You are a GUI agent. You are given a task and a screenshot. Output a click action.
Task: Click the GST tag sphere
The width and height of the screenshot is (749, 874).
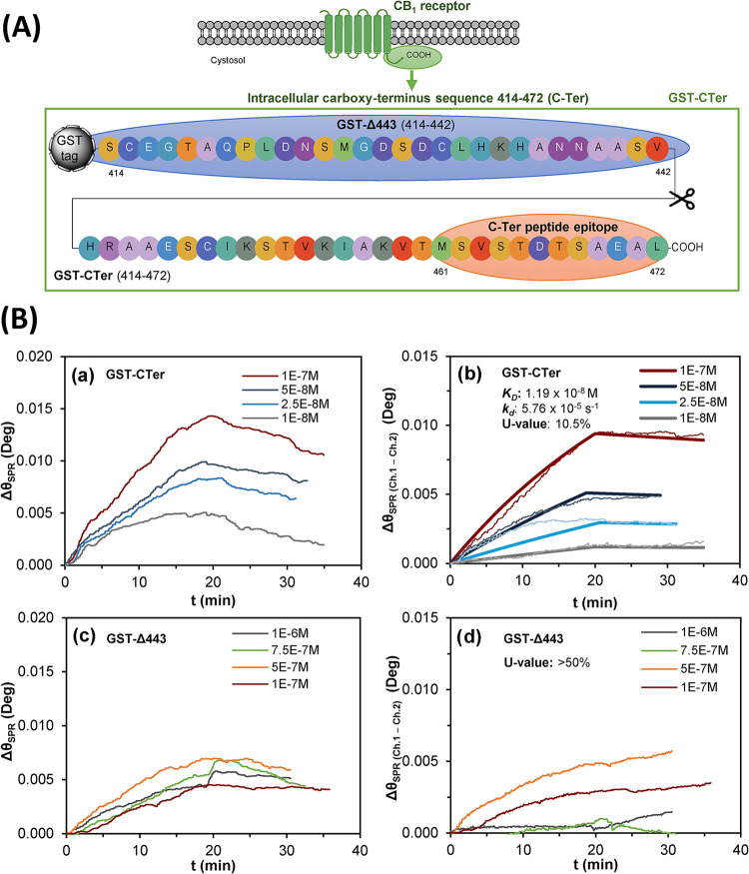click(69, 148)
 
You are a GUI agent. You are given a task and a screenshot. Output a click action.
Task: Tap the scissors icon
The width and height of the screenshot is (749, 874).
click(682, 199)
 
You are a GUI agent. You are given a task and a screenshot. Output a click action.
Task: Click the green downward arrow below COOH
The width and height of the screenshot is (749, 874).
click(411, 79)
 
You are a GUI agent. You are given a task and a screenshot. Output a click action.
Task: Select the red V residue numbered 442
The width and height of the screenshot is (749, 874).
click(657, 148)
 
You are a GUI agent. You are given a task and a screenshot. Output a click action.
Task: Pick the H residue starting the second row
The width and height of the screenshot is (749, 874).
click(90, 247)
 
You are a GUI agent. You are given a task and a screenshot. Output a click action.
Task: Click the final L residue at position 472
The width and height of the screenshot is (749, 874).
click(657, 247)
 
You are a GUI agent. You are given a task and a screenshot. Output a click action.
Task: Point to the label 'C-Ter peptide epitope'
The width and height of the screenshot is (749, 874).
click(553, 227)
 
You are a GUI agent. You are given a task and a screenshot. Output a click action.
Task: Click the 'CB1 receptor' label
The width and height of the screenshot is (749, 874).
click(431, 7)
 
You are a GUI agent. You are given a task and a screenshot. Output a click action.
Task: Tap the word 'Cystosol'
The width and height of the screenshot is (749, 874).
click(228, 60)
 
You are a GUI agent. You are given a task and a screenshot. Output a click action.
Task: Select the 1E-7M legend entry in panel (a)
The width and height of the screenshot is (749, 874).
click(280, 376)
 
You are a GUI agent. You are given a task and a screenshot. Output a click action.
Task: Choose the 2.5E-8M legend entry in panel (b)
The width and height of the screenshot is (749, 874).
click(683, 402)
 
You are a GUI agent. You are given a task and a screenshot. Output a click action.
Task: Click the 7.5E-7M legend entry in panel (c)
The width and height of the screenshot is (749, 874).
click(276, 650)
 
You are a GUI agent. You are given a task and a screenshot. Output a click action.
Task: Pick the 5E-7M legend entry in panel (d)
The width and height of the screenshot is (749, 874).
click(679, 668)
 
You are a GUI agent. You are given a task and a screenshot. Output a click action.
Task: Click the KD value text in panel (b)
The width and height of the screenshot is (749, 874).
click(550, 394)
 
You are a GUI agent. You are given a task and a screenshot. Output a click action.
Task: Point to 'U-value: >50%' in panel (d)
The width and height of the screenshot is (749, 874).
click(546, 663)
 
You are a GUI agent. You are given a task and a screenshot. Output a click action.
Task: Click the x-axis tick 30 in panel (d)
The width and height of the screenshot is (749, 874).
click(668, 849)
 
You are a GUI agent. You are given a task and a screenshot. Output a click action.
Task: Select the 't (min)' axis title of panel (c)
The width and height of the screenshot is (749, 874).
click(213, 865)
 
